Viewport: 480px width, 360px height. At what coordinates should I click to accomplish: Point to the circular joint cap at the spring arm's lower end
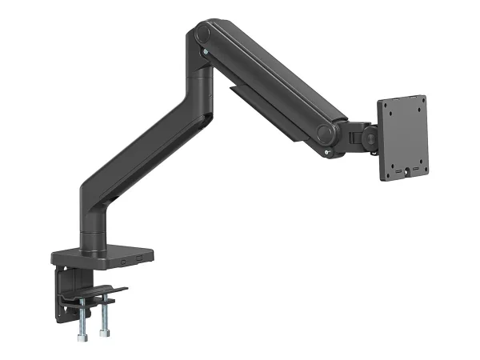pyautogui.click(x=325, y=133)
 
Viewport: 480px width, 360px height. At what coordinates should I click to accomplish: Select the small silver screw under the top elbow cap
pyautogui.click(x=206, y=54)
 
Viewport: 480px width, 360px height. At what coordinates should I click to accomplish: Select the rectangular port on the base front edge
pyautogui.click(x=141, y=258)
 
